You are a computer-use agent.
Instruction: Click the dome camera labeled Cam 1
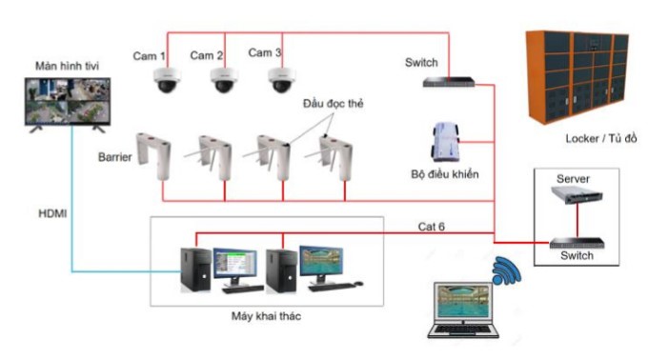(x=167, y=80)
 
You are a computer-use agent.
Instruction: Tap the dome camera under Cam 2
(x=224, y=80)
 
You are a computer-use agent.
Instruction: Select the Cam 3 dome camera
(x=282, y=80)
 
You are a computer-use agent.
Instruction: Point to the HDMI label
(x=52, y=213)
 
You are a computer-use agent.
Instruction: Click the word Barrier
(x=114, y=157)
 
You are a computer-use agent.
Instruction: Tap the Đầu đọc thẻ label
(x=334, y=104)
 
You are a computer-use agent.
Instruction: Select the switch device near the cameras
(x=449, y=82)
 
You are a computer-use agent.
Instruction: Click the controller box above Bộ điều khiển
(x=446, y=142)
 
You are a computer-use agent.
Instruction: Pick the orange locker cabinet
(x=577, y=76)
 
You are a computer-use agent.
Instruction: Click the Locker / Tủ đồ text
(x=601, y=138)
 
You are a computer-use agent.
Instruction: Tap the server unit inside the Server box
(x=577, y=195)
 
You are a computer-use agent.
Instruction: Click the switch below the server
(x=577, y=243)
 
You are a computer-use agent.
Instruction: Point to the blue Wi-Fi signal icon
(x=507, y=270)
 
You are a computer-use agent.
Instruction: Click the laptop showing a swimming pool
(x=463, y=310)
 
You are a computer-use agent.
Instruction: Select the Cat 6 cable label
(x=431, y=227)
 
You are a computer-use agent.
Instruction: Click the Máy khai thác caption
(x=266, y=316)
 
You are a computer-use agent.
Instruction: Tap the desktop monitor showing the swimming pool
(x=321, y=265)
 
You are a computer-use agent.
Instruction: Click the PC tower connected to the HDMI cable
(x=196, y=270)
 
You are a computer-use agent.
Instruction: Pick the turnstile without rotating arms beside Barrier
(x=153, y=156)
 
